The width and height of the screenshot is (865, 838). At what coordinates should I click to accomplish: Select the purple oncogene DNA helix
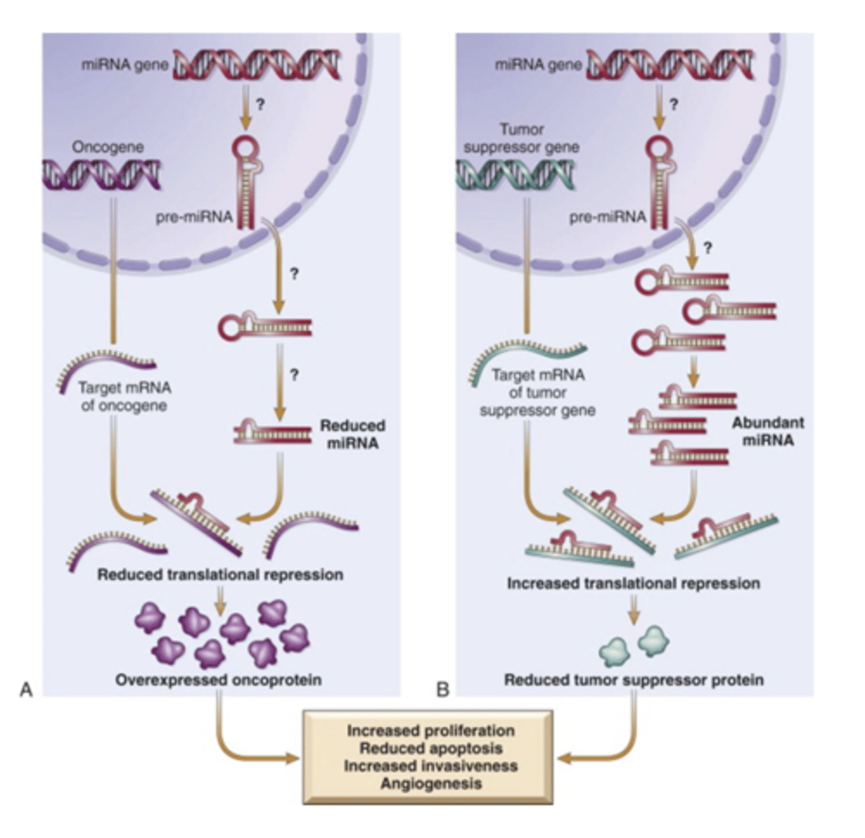pos(101,174)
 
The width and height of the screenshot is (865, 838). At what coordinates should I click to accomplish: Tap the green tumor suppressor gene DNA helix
pos(515,174)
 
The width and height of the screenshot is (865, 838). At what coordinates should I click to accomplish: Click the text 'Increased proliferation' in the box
pos(431,730)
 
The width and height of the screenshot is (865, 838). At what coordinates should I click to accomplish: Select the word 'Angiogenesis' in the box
pos(431,783)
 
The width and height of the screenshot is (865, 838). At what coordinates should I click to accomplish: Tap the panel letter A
pos(26,690)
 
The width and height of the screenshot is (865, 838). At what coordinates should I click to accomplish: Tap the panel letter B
pos(442,690)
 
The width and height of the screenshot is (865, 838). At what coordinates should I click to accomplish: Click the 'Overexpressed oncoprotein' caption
pos(219,679)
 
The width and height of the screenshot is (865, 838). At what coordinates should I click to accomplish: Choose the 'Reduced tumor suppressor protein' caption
pos(633,679)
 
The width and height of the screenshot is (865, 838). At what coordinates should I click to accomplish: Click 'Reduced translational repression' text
pos(220,575)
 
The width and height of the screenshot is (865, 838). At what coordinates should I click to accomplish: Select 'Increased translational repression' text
pos(633,582)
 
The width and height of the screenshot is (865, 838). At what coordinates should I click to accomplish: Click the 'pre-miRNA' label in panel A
pos(193,217)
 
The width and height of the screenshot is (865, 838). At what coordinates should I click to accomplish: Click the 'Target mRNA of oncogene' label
pos(124,396)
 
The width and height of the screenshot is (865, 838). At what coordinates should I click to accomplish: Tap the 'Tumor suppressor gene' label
pos(521,138)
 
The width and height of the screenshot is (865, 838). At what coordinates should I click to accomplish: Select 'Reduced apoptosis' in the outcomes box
pos(431,748)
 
